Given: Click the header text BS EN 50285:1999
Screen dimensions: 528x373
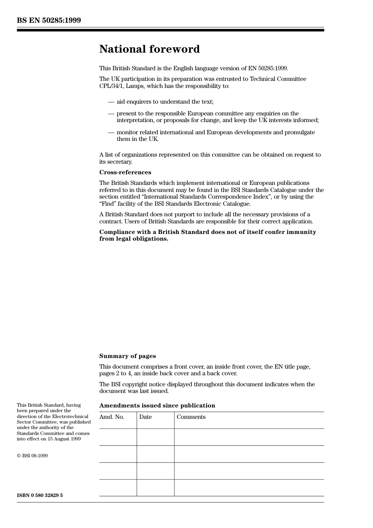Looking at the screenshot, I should pyautogui.click(x=49, y=20).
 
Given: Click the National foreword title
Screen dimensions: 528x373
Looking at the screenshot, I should pyautogui.click(x=149, y=49).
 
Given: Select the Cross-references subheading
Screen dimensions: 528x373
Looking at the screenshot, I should pyautogui.click(x=125, y=172).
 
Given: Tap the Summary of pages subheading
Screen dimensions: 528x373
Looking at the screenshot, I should pyautogui.click(x=127, y=356).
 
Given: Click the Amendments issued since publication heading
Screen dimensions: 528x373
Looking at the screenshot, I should pyautogui.click(x=157, y=406).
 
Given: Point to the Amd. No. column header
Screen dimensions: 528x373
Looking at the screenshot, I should pyautogui.click(x=112, y=417).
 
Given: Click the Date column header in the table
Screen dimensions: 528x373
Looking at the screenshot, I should pyautogui.click(x=145, y=417).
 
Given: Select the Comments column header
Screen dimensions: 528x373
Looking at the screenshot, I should pyautogui.click(x=191, y=417).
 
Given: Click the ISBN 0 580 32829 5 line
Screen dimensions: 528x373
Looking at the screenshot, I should pyautogui.click(x=40, y=495).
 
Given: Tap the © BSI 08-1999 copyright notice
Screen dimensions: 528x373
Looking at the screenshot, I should pyautogui.click(x=32, y=456).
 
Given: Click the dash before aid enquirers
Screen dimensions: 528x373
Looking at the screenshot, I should pyautogui.click(x=111, y=102).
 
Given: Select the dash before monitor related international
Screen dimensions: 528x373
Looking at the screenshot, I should pyautogui.click(x=111, y=132).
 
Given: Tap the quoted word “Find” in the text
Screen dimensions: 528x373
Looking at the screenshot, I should pyautogui.click(x=108, y=204).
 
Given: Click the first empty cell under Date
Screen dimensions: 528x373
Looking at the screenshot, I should pyautogui.click(x=155, y=437).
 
